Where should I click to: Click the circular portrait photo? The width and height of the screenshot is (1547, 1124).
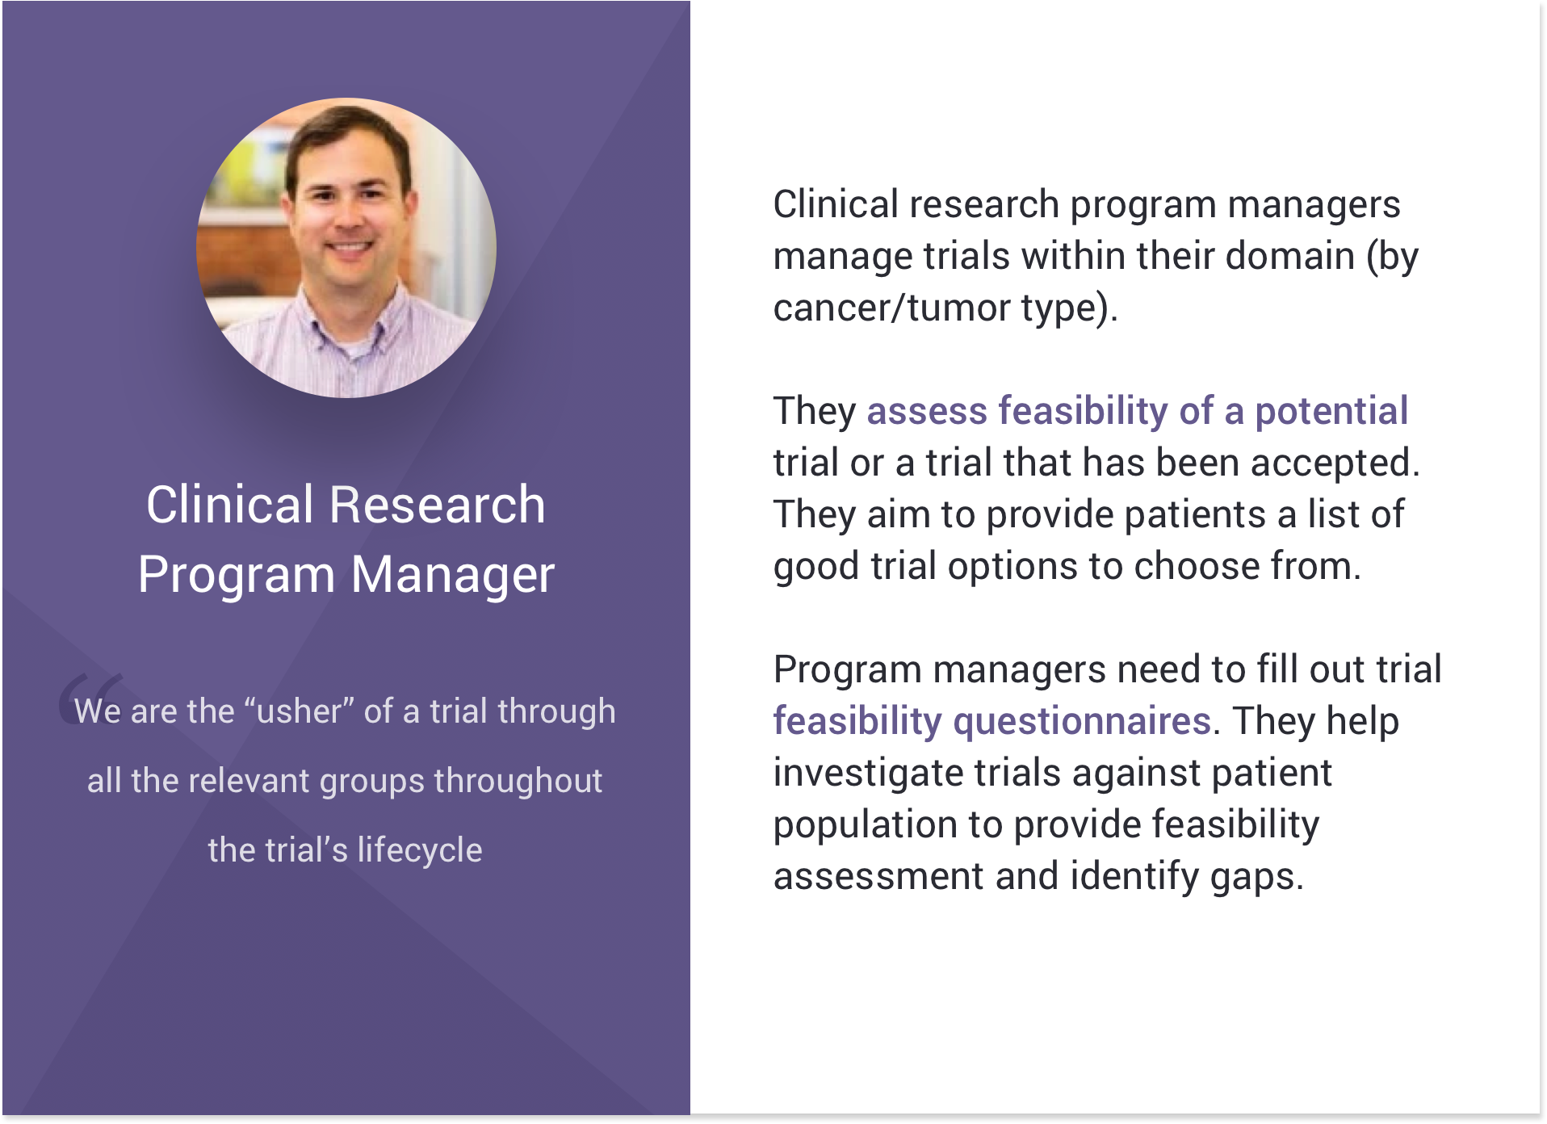[346, 248]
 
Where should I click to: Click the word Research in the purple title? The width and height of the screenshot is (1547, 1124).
[438, 505]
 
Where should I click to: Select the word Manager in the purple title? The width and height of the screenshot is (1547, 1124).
[453, 575]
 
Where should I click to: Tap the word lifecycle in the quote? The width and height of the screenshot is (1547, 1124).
[420, 851]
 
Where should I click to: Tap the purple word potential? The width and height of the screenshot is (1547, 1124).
[1331, 411]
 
